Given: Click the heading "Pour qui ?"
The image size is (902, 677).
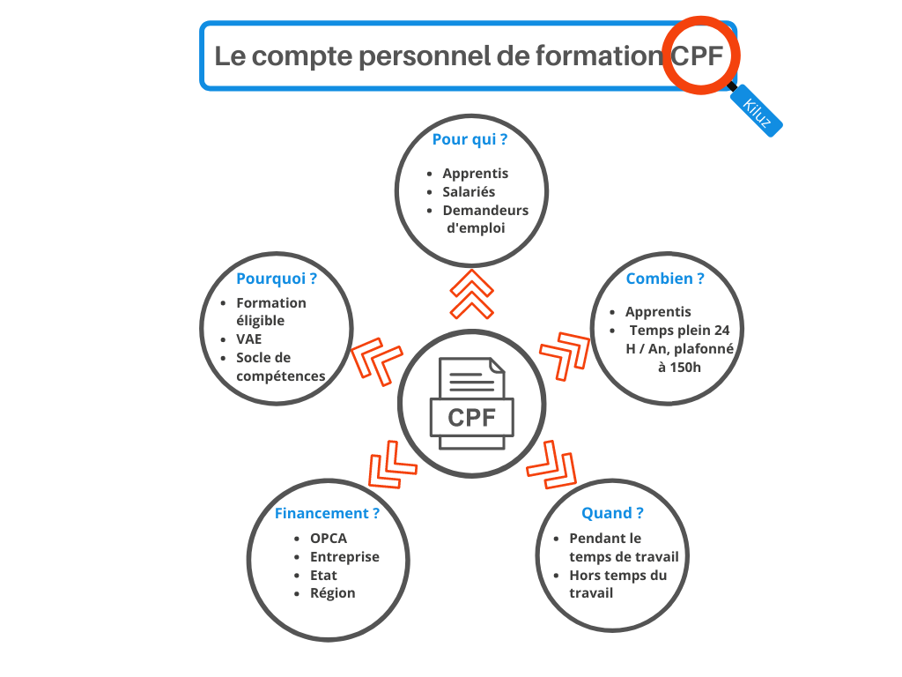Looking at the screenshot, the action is pos(469,139).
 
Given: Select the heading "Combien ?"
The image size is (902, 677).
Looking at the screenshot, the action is pos(664,279).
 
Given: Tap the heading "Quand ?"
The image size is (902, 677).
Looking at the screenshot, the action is pos(612,513).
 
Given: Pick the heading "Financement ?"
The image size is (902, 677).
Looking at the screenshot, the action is pos(327,513).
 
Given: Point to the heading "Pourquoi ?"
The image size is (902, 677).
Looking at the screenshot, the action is pos(276,279).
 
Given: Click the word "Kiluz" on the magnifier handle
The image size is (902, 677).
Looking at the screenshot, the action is pos(757,112).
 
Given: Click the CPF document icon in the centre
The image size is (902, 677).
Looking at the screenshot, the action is pos(472,404).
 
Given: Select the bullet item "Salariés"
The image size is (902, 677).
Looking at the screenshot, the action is pos(469,191).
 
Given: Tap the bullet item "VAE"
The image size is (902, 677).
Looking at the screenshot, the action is pos(248,339).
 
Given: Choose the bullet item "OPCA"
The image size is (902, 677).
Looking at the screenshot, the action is pos(329,539).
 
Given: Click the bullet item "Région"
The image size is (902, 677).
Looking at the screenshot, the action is pos(332,593).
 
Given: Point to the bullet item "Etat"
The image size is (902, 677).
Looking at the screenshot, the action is pos(323,575).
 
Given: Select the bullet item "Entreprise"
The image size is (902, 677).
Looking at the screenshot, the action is pos(344,557).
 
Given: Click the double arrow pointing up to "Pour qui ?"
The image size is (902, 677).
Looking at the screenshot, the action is pos(472,294).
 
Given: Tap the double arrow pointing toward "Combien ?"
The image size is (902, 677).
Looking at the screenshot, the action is pos(565,355).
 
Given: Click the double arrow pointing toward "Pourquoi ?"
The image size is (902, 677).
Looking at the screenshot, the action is pos(377,361).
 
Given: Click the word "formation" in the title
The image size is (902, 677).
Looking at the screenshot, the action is pos(599,56).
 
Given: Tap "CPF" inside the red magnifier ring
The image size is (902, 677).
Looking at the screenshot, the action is pos(697,56).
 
